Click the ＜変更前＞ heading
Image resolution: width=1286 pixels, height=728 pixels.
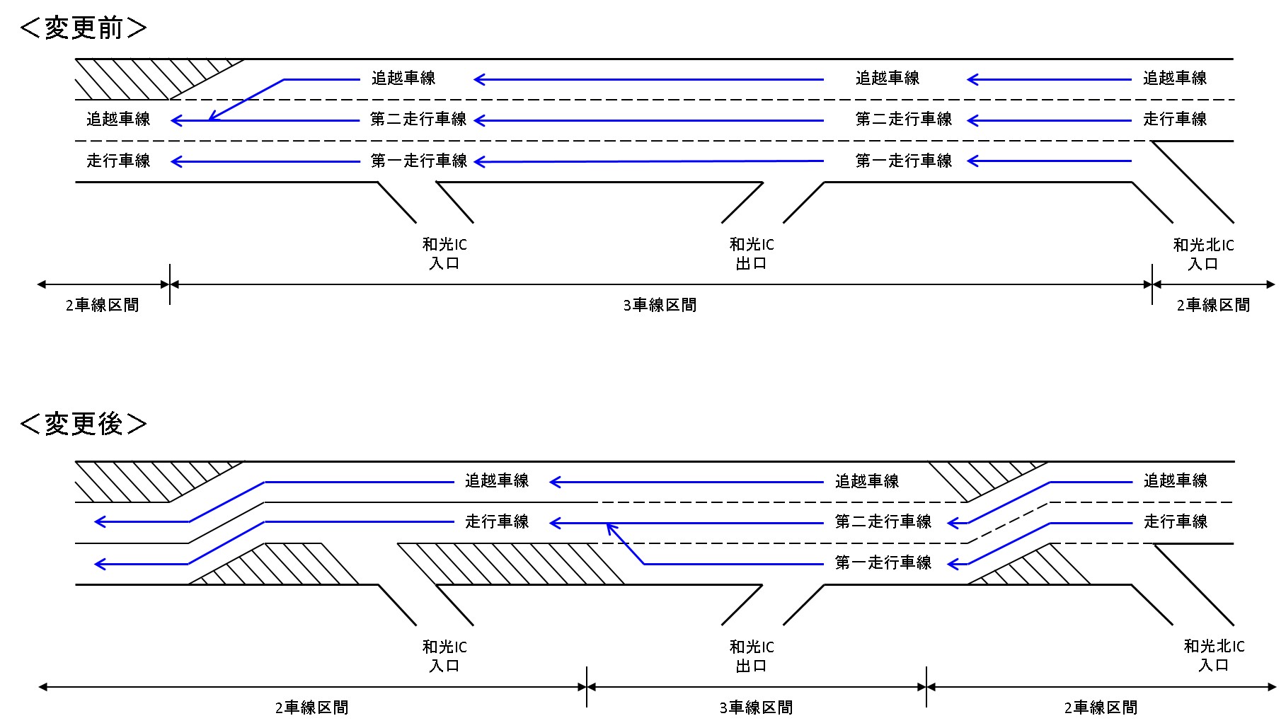pos(84,28)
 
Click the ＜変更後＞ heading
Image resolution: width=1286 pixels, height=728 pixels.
pos(84,424)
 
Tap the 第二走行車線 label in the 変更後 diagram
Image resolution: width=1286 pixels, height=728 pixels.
pos(883,522)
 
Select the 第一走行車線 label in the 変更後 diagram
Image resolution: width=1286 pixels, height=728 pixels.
pos(883,563)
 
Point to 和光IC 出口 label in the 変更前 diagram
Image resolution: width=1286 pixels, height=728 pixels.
pos(752,254)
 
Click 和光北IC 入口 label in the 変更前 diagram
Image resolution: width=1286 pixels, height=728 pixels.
pos(1203,255)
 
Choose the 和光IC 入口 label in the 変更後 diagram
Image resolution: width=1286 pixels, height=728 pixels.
pos(444,657)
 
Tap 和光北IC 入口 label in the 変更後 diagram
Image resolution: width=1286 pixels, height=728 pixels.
pos(1214,656)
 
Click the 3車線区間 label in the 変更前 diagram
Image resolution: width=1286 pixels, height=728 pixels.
pos(660,306)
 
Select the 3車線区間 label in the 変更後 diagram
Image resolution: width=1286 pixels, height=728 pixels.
pos(756,707)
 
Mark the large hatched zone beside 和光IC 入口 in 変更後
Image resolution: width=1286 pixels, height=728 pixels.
pos(510,564)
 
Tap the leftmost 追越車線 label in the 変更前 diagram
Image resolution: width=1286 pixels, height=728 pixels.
pos(118,120)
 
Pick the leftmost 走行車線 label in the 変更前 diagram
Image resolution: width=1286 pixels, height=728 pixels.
pos(118,161)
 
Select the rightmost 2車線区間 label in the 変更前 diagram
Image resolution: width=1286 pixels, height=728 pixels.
pos(1213,306)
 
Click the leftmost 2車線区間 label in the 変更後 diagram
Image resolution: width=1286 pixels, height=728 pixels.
pos(311,707)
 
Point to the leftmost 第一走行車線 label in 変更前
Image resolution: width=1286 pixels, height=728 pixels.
pos(419,161)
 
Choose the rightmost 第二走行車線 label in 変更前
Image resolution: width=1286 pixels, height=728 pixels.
pos(904,120)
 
